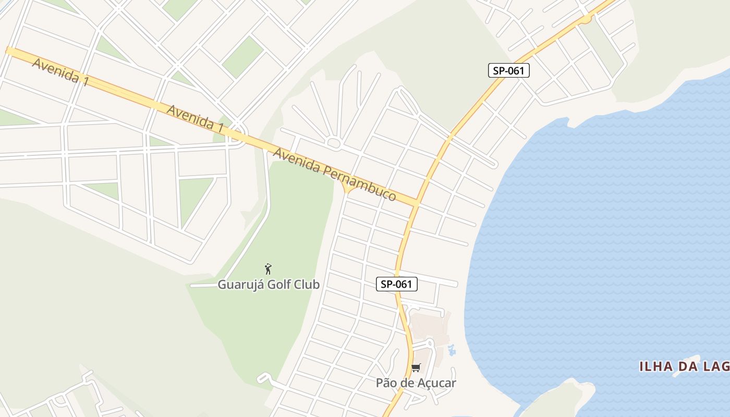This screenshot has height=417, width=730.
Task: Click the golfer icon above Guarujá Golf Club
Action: coord(268,269)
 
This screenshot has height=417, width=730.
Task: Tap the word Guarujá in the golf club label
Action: coord(237,285)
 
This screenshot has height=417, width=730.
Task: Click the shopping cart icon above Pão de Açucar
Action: coord(416,368)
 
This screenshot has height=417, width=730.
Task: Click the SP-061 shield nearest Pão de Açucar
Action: coord(397,284)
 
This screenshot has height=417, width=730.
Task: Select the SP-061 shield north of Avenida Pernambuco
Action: coord(508,70)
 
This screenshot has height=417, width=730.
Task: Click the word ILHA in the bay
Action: coord(656,366)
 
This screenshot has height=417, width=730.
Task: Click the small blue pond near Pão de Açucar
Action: coord(452,350)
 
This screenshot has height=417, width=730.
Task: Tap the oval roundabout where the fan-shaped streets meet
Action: coord(334,142)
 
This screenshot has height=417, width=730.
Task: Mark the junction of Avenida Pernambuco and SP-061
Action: coord(416,203)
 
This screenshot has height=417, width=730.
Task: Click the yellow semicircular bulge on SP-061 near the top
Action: coord(587,19)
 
